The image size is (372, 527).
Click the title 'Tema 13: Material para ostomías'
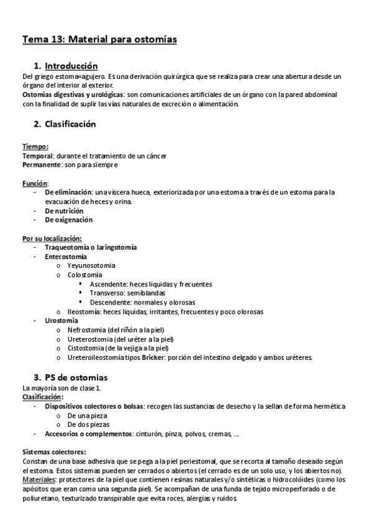coord(99,40)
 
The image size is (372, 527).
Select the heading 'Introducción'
coord(71,65)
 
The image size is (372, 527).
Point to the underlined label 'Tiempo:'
coord(35,147)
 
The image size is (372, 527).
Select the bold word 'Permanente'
coord(41,165)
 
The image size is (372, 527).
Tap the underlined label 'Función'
coord(35,183)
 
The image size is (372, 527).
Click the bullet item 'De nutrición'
coord(64,211)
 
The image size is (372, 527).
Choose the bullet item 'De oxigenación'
coord(68,220)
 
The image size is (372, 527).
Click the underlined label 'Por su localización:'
coord(52,238)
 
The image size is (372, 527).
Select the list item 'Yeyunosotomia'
coord(91,265)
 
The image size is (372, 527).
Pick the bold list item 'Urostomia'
coord(61,321)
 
